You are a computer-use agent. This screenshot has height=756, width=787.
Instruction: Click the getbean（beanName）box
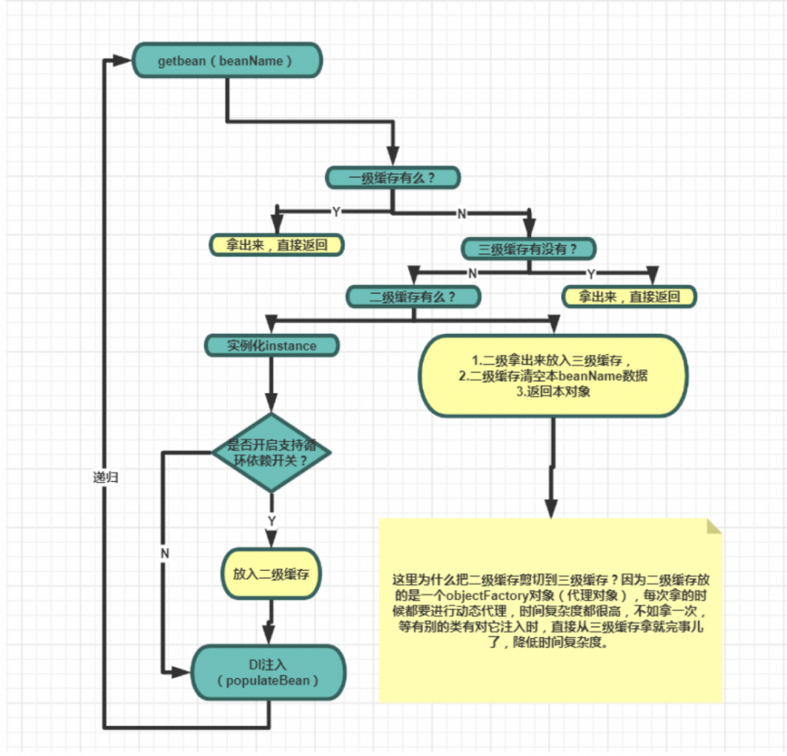click(x=227, y=61)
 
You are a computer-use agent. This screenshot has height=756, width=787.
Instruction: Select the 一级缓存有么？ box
click(x=392, y=177)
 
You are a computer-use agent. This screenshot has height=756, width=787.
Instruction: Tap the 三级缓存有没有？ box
click(x=528, y=249)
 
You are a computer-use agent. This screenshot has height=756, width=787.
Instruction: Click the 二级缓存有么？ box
click(x=413, y=297)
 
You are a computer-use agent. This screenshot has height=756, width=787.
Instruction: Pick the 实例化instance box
click(x=272, y=345)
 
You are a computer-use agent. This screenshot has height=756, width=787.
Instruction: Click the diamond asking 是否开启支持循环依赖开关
click(x=272, y=453)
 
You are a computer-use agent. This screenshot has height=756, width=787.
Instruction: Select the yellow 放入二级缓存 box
click(x=271, y=573)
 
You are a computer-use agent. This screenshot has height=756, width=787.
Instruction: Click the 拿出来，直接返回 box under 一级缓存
click(x=278, y=245)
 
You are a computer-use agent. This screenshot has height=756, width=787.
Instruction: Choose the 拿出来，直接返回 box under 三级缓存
click(x=630, y=297)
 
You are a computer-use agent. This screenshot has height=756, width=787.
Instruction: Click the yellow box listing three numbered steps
click(x=553, y=376)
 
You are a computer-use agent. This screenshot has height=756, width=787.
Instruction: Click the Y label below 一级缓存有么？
click(x=336, y=212)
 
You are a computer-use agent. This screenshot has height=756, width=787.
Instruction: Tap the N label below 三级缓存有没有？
click(x=472, y=273)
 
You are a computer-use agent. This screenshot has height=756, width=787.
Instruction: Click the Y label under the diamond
click(x=272, y=521)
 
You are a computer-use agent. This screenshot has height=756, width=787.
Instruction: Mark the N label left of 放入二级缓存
click(x=164, y=554)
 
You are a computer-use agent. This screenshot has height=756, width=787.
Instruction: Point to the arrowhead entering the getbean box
click(x=124, y=61)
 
